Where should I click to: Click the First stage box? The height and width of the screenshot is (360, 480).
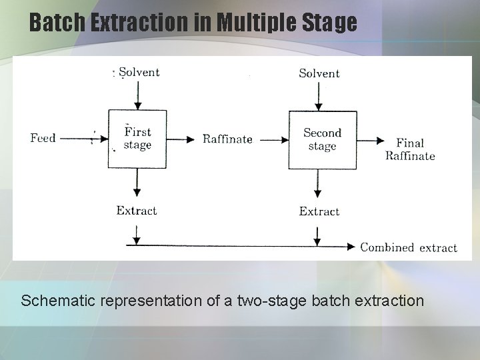click(x=137, y=139)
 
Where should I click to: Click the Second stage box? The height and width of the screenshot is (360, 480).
click(x=321, y=139)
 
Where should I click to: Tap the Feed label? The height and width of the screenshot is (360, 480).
click(x=43, y=139)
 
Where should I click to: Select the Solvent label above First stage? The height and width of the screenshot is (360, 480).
click(x=139, y=72)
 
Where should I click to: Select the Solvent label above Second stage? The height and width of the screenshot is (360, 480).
click(x=319, y=73)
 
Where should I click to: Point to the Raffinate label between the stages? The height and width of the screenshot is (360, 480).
click(x=227, y=139)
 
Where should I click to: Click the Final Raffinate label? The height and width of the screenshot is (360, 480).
click(x=410, y=149)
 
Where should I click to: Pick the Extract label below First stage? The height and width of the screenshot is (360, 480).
click(x=137, y=211)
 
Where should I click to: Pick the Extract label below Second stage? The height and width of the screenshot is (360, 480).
click(x=319, y=211)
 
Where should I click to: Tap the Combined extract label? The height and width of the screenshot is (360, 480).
click(x=409, y=247)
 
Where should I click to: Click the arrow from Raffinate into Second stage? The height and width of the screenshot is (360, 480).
click(x=273, y=140)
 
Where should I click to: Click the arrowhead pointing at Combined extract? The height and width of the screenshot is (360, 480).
click(x=352, y=247)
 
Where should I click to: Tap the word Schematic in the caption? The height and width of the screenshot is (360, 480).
click(x=59, y=301)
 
